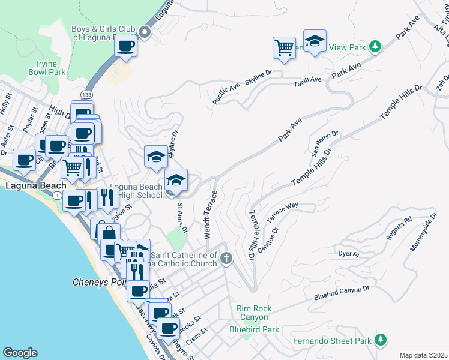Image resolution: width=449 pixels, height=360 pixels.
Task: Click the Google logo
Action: tap(20, 353)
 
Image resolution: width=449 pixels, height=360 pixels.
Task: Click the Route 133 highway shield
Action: tap(88, 95)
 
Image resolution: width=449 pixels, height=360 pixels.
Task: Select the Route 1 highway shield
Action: tap(56, 196)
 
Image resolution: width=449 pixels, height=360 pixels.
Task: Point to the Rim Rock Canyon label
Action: tap(255, 313)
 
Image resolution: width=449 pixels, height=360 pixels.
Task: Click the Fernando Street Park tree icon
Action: tap(379, 340)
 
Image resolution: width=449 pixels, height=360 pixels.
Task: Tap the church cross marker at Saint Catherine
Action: tap(226, 259)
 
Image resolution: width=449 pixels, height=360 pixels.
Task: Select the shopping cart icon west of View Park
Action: tap(284, 47)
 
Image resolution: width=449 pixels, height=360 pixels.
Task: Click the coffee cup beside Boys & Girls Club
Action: tap(125, 46)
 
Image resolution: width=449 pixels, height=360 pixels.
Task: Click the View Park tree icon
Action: tap(375, 46)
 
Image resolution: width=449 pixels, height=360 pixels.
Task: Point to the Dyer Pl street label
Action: tap(348, 254)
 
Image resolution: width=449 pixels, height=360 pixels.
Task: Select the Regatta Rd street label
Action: tap(399, 227)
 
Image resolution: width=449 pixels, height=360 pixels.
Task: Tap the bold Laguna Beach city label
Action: tap(35, 185)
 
